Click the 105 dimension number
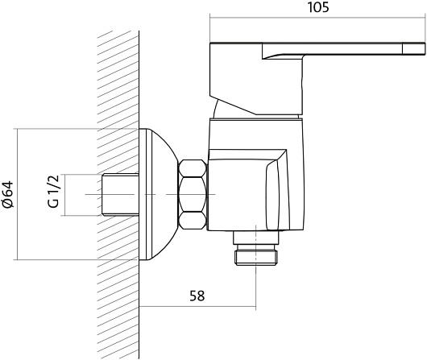[318, 7]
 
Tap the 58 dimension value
[197, 296]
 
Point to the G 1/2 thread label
[53, 192]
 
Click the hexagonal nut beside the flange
[193, 194]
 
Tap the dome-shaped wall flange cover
[158, 194]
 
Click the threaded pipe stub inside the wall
[120, 195]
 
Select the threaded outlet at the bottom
[257, 254]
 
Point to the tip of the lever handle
[425, 48]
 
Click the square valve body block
[247, 190]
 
